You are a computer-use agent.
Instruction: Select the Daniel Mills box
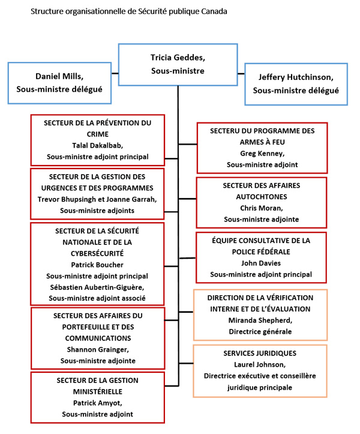(x=59, y=83)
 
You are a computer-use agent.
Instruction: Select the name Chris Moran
(x=261, y=208)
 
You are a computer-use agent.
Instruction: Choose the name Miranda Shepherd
(x=260, y=320)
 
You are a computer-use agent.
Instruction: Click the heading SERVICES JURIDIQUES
(x=260, y=353)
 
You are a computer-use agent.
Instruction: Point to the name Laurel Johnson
(x=260, y=364)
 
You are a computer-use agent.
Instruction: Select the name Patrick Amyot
(x=97, y=403)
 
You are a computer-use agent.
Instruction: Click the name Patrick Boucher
(x=97, y=264)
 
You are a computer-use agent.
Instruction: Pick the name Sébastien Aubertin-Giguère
(x=97, y=287)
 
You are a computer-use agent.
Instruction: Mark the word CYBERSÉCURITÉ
(x=97, y=253)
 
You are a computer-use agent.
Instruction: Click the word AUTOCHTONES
(x=261, y=196)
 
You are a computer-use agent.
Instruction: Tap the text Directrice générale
(x=260, y=331)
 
